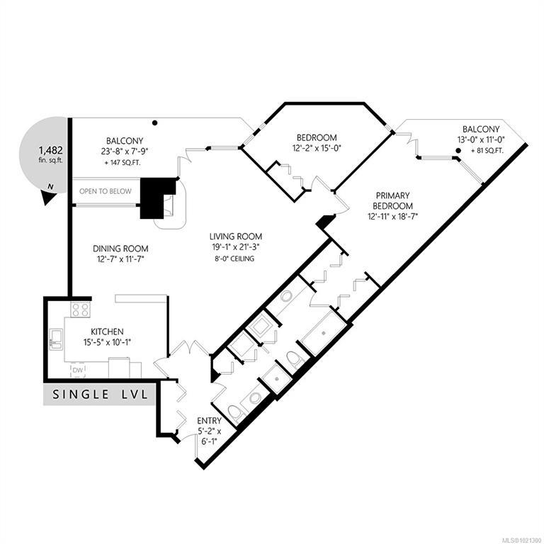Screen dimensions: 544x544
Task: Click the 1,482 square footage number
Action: (x=51, y=150)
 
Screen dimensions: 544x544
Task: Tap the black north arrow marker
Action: (x=48, y=197)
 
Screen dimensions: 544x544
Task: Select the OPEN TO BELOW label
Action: (x=106, y=191)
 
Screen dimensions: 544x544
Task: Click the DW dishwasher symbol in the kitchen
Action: (x=78, y=370)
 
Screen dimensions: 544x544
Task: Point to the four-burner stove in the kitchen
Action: (x=81, y=310)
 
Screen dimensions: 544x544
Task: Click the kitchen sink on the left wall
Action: (x=56, y=339)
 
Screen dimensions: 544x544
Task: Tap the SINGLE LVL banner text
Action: (x=100, y=395)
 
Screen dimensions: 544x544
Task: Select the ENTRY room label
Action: (x=209, y=421)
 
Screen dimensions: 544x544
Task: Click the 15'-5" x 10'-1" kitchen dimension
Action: (x=107, y=342)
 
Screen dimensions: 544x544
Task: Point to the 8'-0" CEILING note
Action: (x=234, y=259)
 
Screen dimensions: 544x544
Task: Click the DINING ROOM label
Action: (x=120, y=249)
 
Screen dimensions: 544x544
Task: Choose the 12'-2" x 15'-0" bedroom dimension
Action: (x=317, y=148)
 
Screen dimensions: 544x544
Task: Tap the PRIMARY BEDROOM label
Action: (x=392, y=200)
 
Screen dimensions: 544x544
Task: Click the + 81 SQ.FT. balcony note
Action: (x=487, y=151)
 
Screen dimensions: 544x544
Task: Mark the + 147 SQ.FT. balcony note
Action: (x=123, y=163)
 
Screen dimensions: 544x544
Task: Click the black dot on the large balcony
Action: (x=155, y=123)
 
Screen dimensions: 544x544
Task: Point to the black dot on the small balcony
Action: (x=458, y=151)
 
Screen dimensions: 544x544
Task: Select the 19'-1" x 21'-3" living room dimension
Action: (x=236, y=247)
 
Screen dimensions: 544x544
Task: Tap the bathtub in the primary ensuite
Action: (x=324, y=333)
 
